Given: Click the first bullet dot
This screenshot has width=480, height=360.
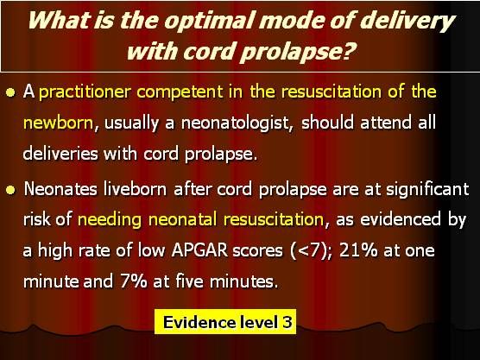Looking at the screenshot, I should pos(11,92).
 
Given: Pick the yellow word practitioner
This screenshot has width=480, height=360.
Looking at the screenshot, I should pos(85,92).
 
